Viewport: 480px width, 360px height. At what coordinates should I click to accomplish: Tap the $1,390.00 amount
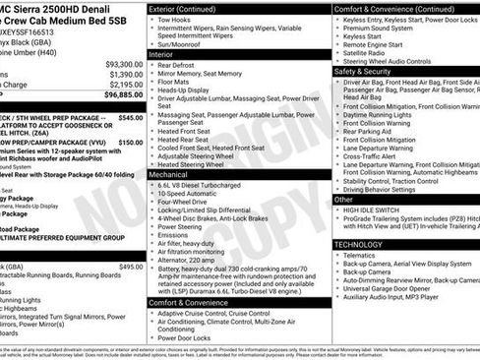click(x=124, y=74)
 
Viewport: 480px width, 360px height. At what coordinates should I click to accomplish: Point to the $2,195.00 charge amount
click(x=124, y=85)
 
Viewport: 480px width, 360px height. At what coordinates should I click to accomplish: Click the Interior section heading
click(x=163, y=83)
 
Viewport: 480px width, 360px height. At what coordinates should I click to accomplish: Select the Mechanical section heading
click(x=169, y=172)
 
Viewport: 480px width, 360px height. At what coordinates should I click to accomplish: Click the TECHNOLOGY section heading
click(x=358, y=244)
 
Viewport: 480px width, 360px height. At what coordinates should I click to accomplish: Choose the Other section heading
click(x=344, y=199)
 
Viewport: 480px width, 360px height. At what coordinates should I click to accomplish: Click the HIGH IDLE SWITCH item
click(x=375, y=210)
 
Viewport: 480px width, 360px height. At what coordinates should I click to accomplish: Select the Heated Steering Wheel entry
click(x=197, y=163)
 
